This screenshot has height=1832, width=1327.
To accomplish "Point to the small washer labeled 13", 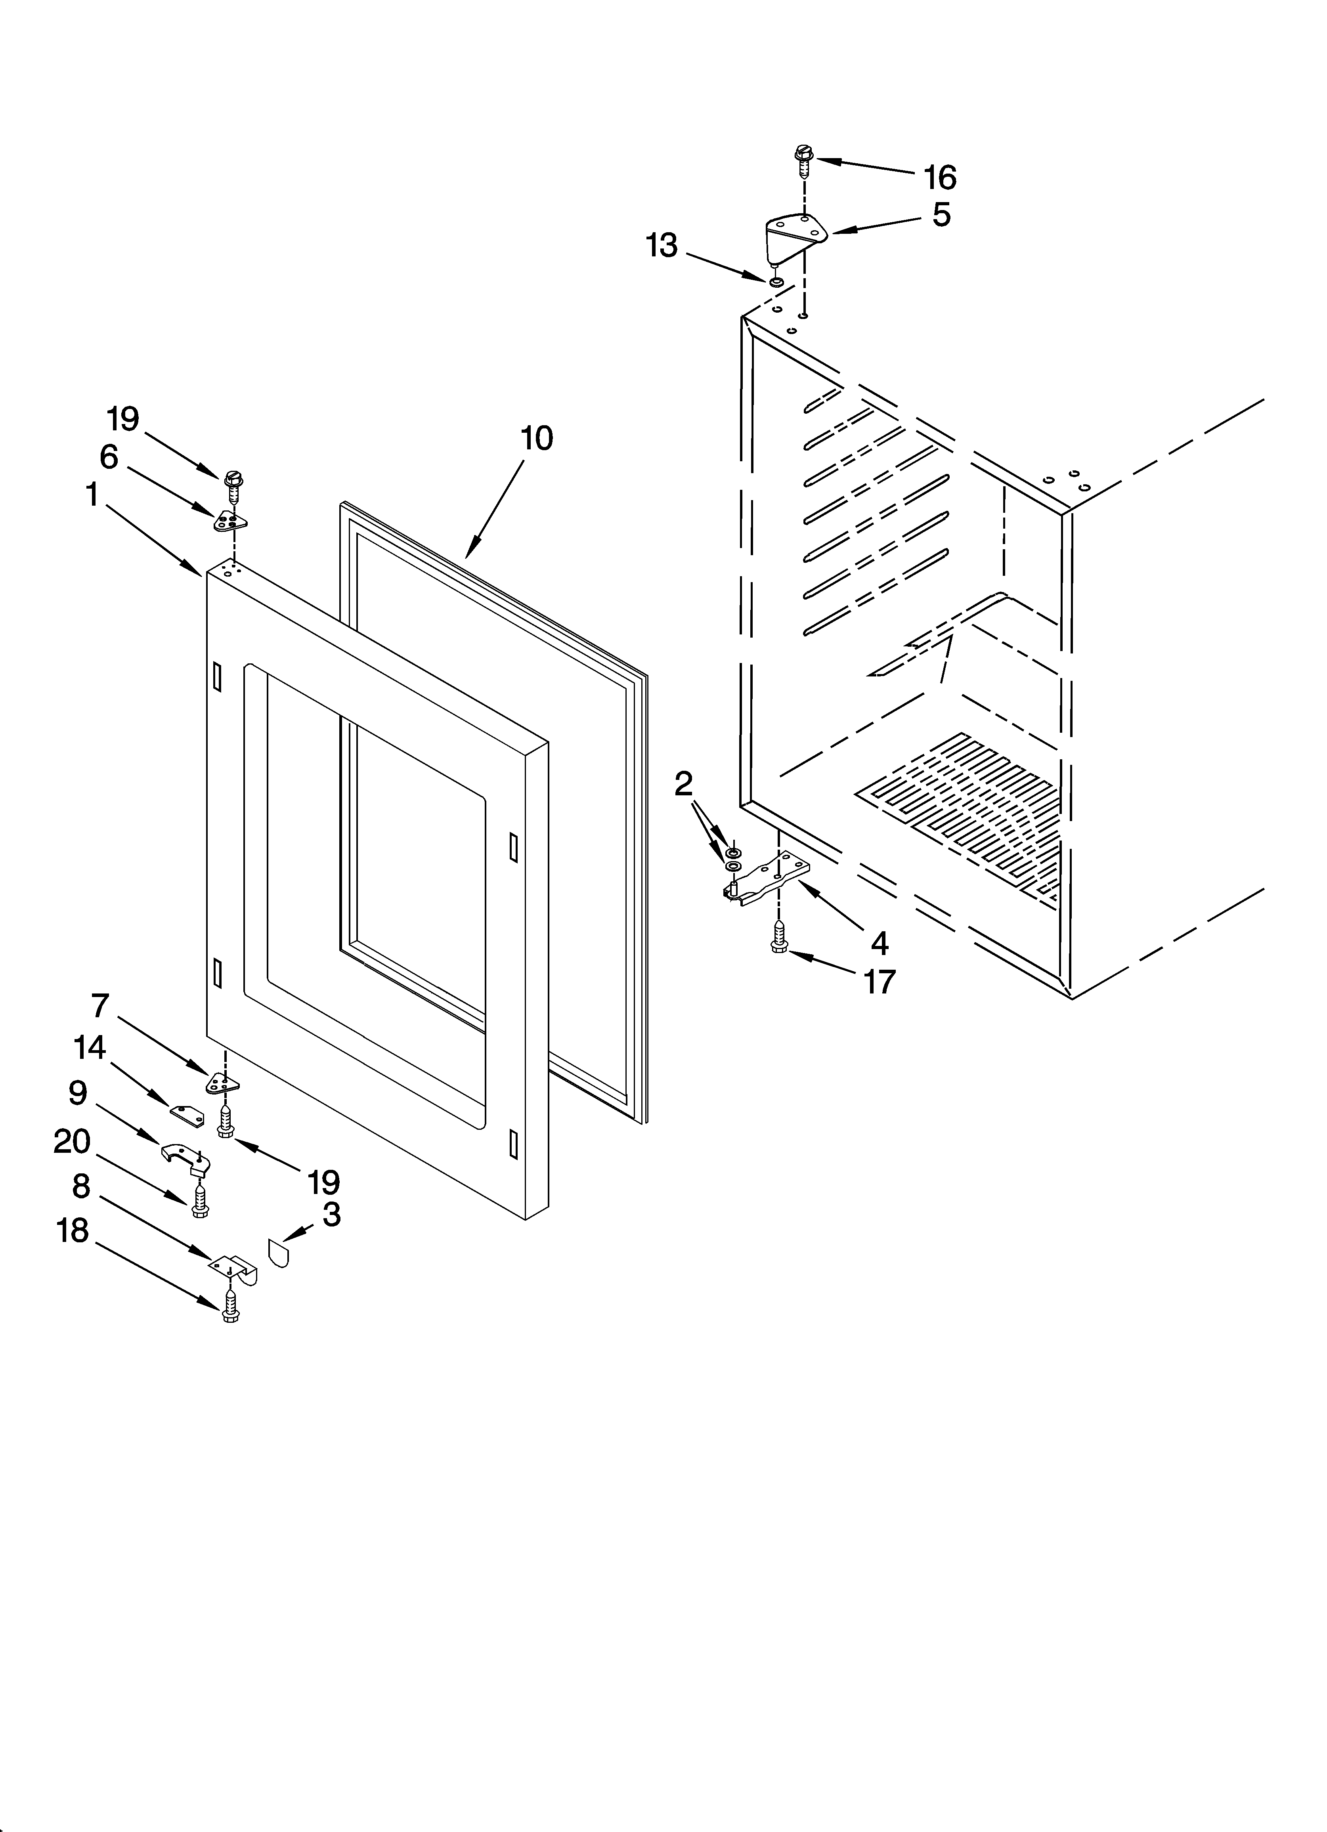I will (x=776, y=282).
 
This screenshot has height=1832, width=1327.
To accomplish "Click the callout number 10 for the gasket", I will (x=537, y=439).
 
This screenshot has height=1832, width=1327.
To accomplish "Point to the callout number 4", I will (x=879, y=943).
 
